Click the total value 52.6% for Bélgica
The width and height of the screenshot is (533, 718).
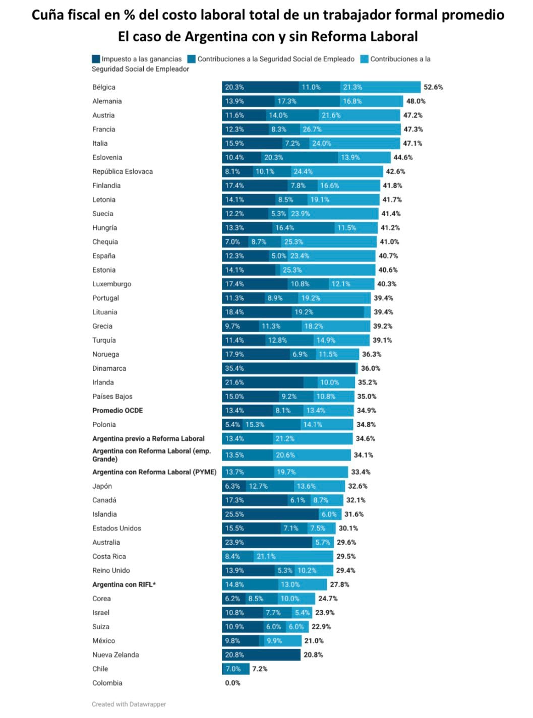[433, 87]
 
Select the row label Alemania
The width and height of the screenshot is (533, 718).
[107, 101]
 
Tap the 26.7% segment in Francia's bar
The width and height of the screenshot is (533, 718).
[350, 129]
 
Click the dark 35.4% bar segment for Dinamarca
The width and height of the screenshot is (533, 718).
[289, 368]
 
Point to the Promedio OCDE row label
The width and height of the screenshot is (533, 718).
[117, 411]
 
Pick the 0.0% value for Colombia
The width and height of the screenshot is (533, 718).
[232, 683]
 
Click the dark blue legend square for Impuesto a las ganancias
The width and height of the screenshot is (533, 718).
[96, 59]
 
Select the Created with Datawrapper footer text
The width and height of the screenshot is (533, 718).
[129, 704]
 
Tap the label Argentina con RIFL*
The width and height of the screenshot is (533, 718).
[124, 584]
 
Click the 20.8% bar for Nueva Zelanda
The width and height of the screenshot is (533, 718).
[261, 655]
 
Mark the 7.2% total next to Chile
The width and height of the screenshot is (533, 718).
[260, 669]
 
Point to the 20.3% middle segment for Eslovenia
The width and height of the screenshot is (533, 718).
[300, 158]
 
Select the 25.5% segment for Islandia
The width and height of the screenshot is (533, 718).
[270, 514]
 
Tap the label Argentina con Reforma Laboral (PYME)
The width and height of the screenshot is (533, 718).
[154, 472]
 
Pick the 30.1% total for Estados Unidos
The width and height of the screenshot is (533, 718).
[348, 528]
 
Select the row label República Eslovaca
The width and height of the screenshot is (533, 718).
[123, 172]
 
